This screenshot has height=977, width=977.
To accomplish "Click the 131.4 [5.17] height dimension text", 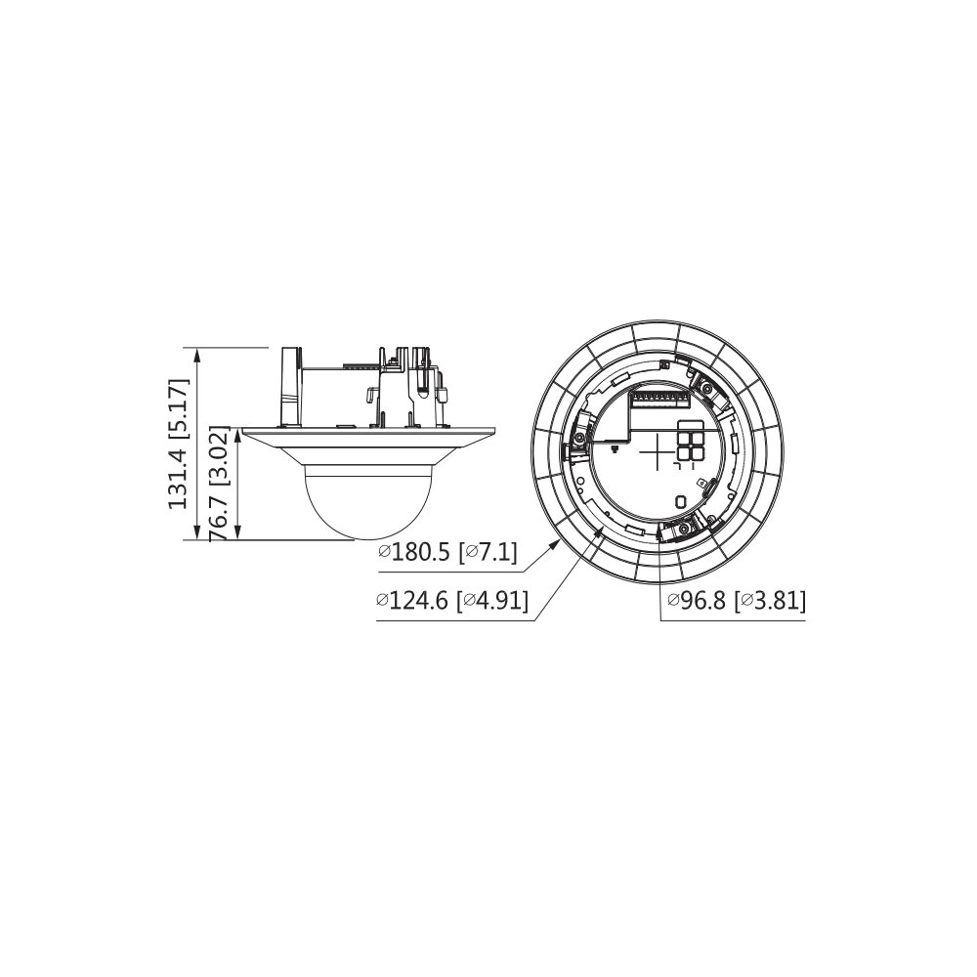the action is pos(178,443).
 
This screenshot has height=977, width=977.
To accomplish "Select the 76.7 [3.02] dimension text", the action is pos(219,485).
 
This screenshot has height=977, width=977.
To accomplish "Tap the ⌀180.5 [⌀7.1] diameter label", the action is pos(448,552).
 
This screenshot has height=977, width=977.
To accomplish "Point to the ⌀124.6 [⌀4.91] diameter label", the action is pos(453,601).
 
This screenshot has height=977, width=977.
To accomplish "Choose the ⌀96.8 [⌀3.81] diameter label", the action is pos(737,601).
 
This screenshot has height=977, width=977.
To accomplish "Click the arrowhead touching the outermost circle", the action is pos(553,546).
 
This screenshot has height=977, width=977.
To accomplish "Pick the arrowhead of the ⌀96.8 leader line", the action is pos(658,531).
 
